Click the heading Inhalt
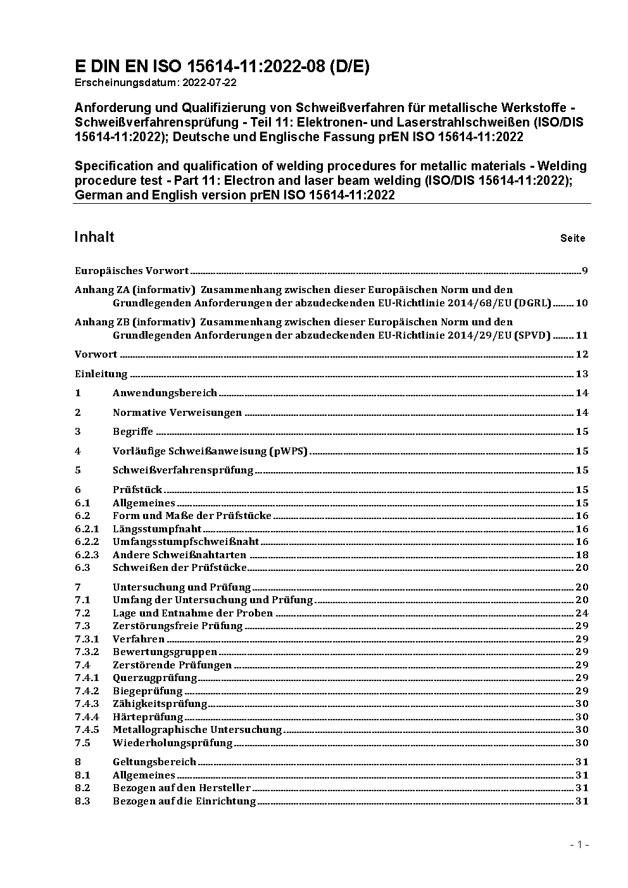[94, 237]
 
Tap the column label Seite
[572, 239]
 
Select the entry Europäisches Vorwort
[132, 271]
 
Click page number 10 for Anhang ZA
[582, 303]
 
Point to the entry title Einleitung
[101, 373]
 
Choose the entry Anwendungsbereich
[165, 393]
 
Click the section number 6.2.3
[87, 555]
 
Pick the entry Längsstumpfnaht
[157, 529]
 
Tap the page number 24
[582, 613]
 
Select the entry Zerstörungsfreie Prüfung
[178, 626]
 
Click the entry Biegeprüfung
[148, 691]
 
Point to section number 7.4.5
[87, 730]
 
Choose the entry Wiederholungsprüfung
[172, 743]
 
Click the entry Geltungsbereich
[154, 762]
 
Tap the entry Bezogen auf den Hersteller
[182, 788]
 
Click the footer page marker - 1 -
[579, 844]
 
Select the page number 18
[582, 555]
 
